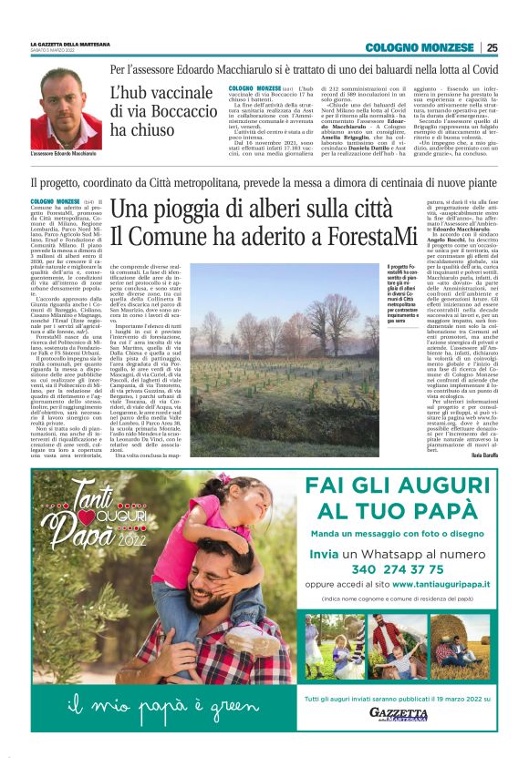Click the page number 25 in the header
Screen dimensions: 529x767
coord(492,47)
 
